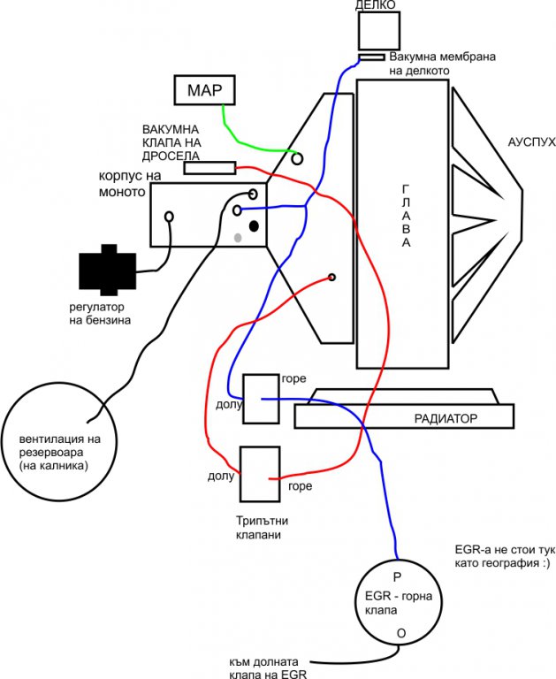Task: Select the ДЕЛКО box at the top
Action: (x=379, y=30)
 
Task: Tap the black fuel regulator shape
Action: (x=106, y=267)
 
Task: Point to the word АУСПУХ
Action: (x=531, y=142)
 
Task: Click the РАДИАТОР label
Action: (x=446, y=417)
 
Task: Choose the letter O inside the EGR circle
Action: (x=401, y=633)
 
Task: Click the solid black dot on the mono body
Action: (x=255, y=226)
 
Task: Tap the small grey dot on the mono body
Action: (x=238, y=237)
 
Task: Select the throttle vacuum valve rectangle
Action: (x=209, y=168)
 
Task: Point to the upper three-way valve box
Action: (x=262, y=399)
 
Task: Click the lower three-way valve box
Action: (x=259, y=475)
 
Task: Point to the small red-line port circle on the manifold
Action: (x=332, y=278)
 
